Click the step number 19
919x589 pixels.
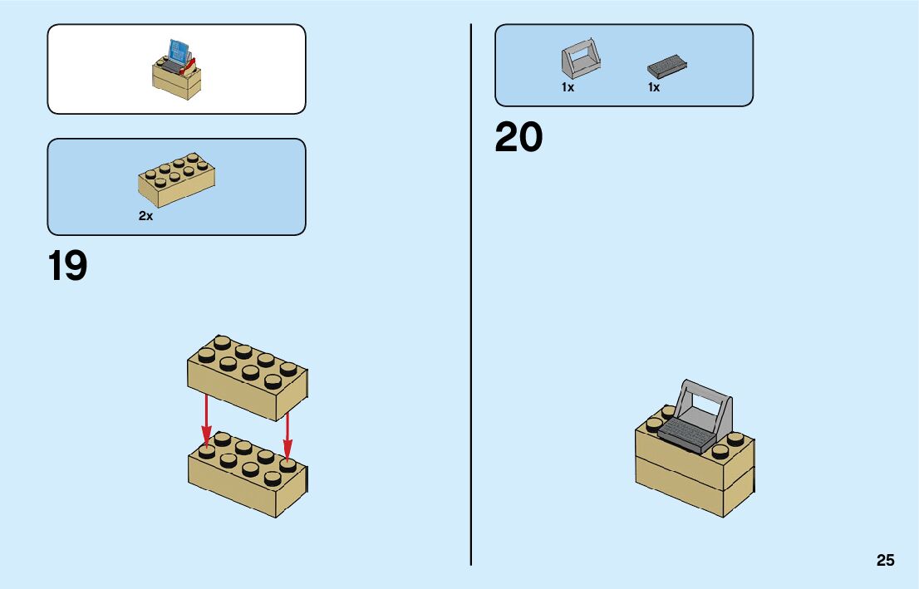[67, 267]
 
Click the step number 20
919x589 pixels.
[518, 138]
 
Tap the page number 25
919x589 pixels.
[885, 561]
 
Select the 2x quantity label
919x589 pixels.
[145, 216]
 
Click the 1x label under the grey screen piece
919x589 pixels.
[568, 87]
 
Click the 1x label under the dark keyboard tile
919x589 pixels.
[654, 87]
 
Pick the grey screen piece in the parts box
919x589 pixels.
[580, 61]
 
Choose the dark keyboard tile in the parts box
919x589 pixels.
[667, 65]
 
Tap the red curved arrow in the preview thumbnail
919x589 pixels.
[192, 63]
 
